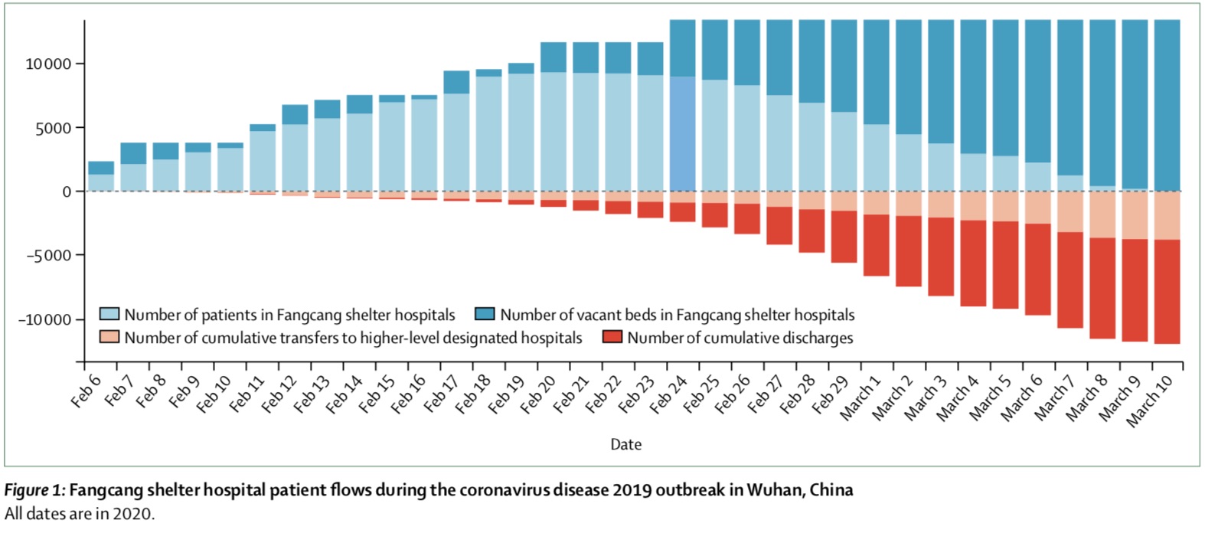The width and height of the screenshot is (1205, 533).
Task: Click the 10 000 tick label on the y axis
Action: (48, 64)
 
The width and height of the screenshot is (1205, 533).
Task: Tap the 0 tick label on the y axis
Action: (67, 191)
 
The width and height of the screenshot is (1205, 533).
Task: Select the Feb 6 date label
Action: (86, 391)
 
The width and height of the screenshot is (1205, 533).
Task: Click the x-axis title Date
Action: (625, 444)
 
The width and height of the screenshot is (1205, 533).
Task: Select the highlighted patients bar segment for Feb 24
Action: (683, 134)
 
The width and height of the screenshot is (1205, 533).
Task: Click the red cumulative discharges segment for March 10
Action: (1167, 292)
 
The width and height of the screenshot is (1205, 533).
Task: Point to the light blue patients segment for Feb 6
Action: (101, 183)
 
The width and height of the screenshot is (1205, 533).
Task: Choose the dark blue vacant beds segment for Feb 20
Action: (554, 57)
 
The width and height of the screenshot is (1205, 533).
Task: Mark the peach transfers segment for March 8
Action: (1102, 214)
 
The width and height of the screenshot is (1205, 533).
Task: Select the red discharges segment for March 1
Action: (877, 245)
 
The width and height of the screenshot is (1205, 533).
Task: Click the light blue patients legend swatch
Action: (109, 314)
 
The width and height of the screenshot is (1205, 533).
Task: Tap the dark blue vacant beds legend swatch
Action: (485, 314)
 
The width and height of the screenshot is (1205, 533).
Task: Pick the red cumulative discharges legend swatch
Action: (612, 337)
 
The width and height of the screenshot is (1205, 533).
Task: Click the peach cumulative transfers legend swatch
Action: (109, 337)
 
